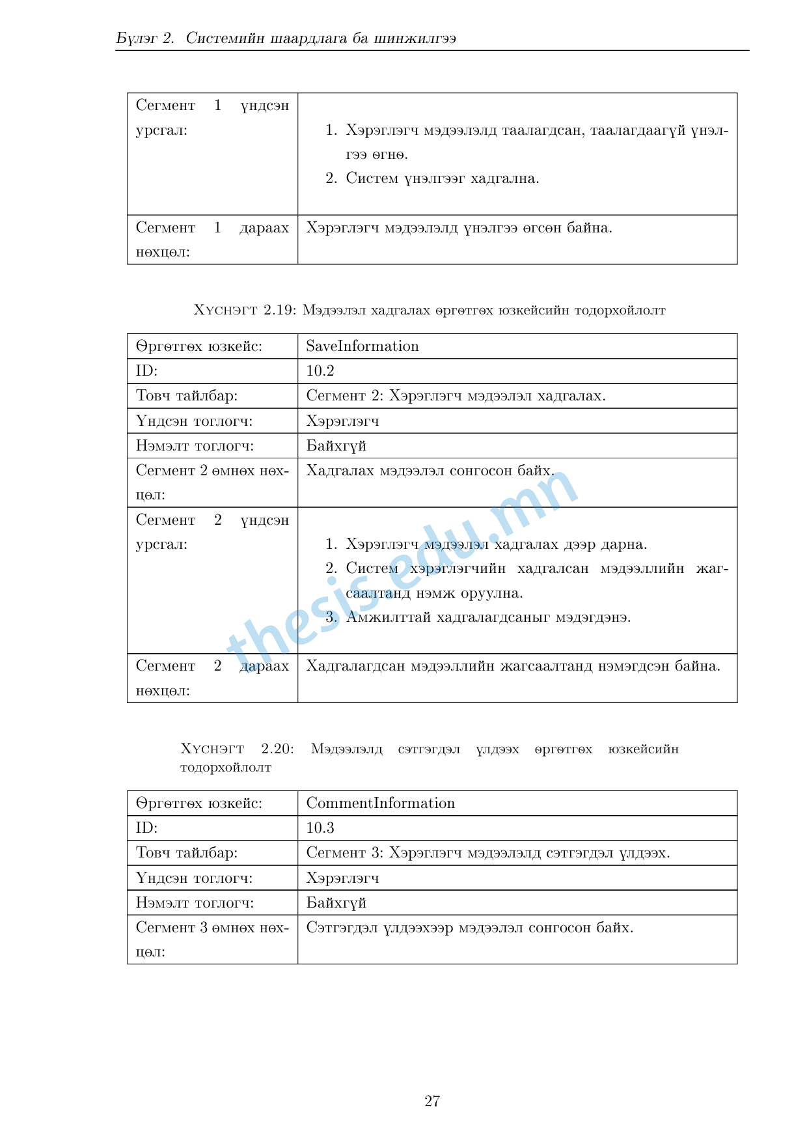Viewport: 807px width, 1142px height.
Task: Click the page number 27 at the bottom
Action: [432, 1101]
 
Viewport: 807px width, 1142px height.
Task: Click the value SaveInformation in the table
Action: [362, 346]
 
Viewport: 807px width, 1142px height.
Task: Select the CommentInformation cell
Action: [381, 803]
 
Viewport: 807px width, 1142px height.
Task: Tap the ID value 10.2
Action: [320, 371]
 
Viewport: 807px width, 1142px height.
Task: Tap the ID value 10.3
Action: [320, 828]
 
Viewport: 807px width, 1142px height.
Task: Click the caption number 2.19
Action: [280, 311]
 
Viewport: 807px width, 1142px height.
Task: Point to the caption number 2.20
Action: [277, 749]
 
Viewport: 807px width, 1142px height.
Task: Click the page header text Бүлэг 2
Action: [145, 38]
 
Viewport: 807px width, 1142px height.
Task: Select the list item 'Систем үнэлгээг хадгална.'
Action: [442, 178]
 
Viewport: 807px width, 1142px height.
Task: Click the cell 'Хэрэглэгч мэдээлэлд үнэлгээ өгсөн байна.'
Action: [459, 228]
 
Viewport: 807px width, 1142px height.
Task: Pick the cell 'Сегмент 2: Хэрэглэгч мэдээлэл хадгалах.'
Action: [456, 396]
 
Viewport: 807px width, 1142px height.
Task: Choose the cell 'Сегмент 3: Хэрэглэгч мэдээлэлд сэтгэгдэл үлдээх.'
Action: [488, 853]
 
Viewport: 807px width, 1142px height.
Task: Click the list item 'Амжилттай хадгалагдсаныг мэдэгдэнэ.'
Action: [488, 617]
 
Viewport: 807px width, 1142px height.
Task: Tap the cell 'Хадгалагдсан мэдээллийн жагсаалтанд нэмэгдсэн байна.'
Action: [513, 666]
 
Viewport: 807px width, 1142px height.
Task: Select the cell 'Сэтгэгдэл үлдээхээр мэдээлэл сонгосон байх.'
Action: [469, 928]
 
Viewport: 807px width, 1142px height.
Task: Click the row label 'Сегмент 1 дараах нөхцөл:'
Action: [212, 240]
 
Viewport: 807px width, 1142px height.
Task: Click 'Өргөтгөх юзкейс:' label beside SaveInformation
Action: [199, 346]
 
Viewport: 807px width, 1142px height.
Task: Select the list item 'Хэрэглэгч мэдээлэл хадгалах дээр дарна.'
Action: [496, 544]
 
